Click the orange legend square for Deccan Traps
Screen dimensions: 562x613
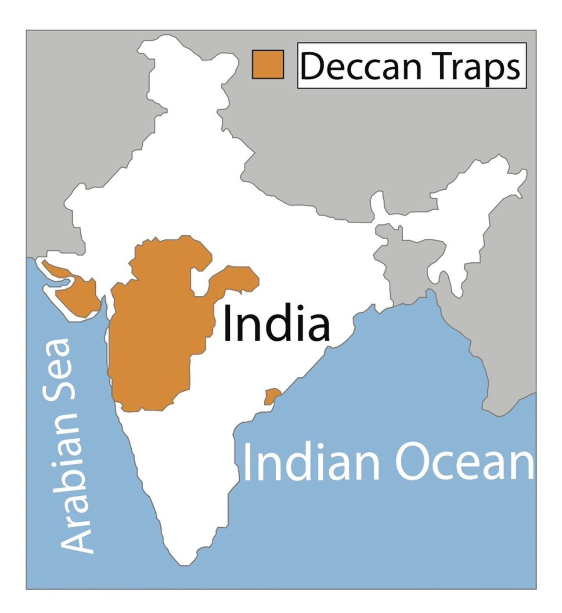click(x=267, y=64)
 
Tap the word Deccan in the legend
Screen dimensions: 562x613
click(x=360, y=66)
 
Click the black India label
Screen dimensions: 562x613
click(x=276, y=324)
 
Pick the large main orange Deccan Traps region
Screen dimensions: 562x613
click(x=154, y=334)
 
